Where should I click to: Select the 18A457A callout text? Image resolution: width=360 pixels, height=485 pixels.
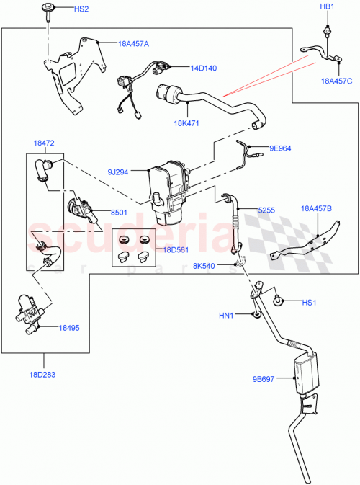[133, 43]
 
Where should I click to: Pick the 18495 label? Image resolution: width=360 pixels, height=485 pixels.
[69, 327]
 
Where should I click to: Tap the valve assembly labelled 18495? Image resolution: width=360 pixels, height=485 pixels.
[28, 314]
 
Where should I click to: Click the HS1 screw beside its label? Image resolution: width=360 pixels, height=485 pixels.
[279, 301]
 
